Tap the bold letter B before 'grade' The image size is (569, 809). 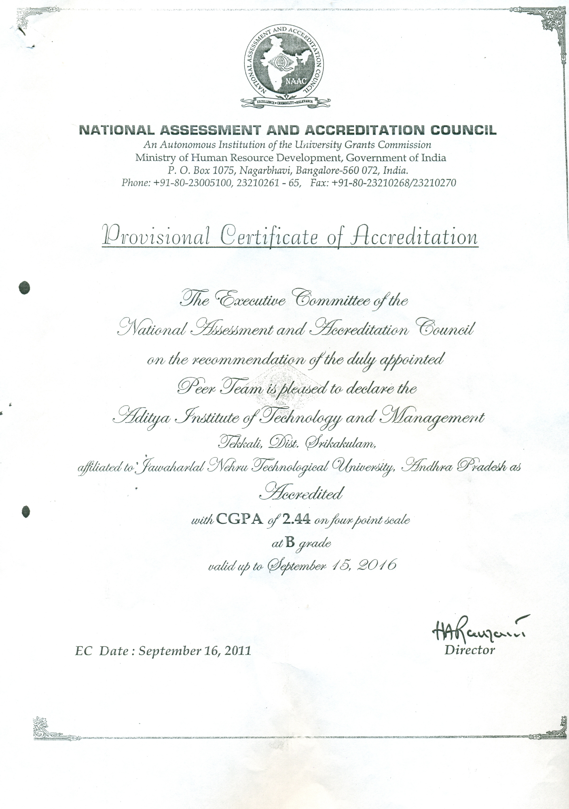(x=290, y=543)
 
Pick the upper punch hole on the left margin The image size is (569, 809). (x=24, y=287)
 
